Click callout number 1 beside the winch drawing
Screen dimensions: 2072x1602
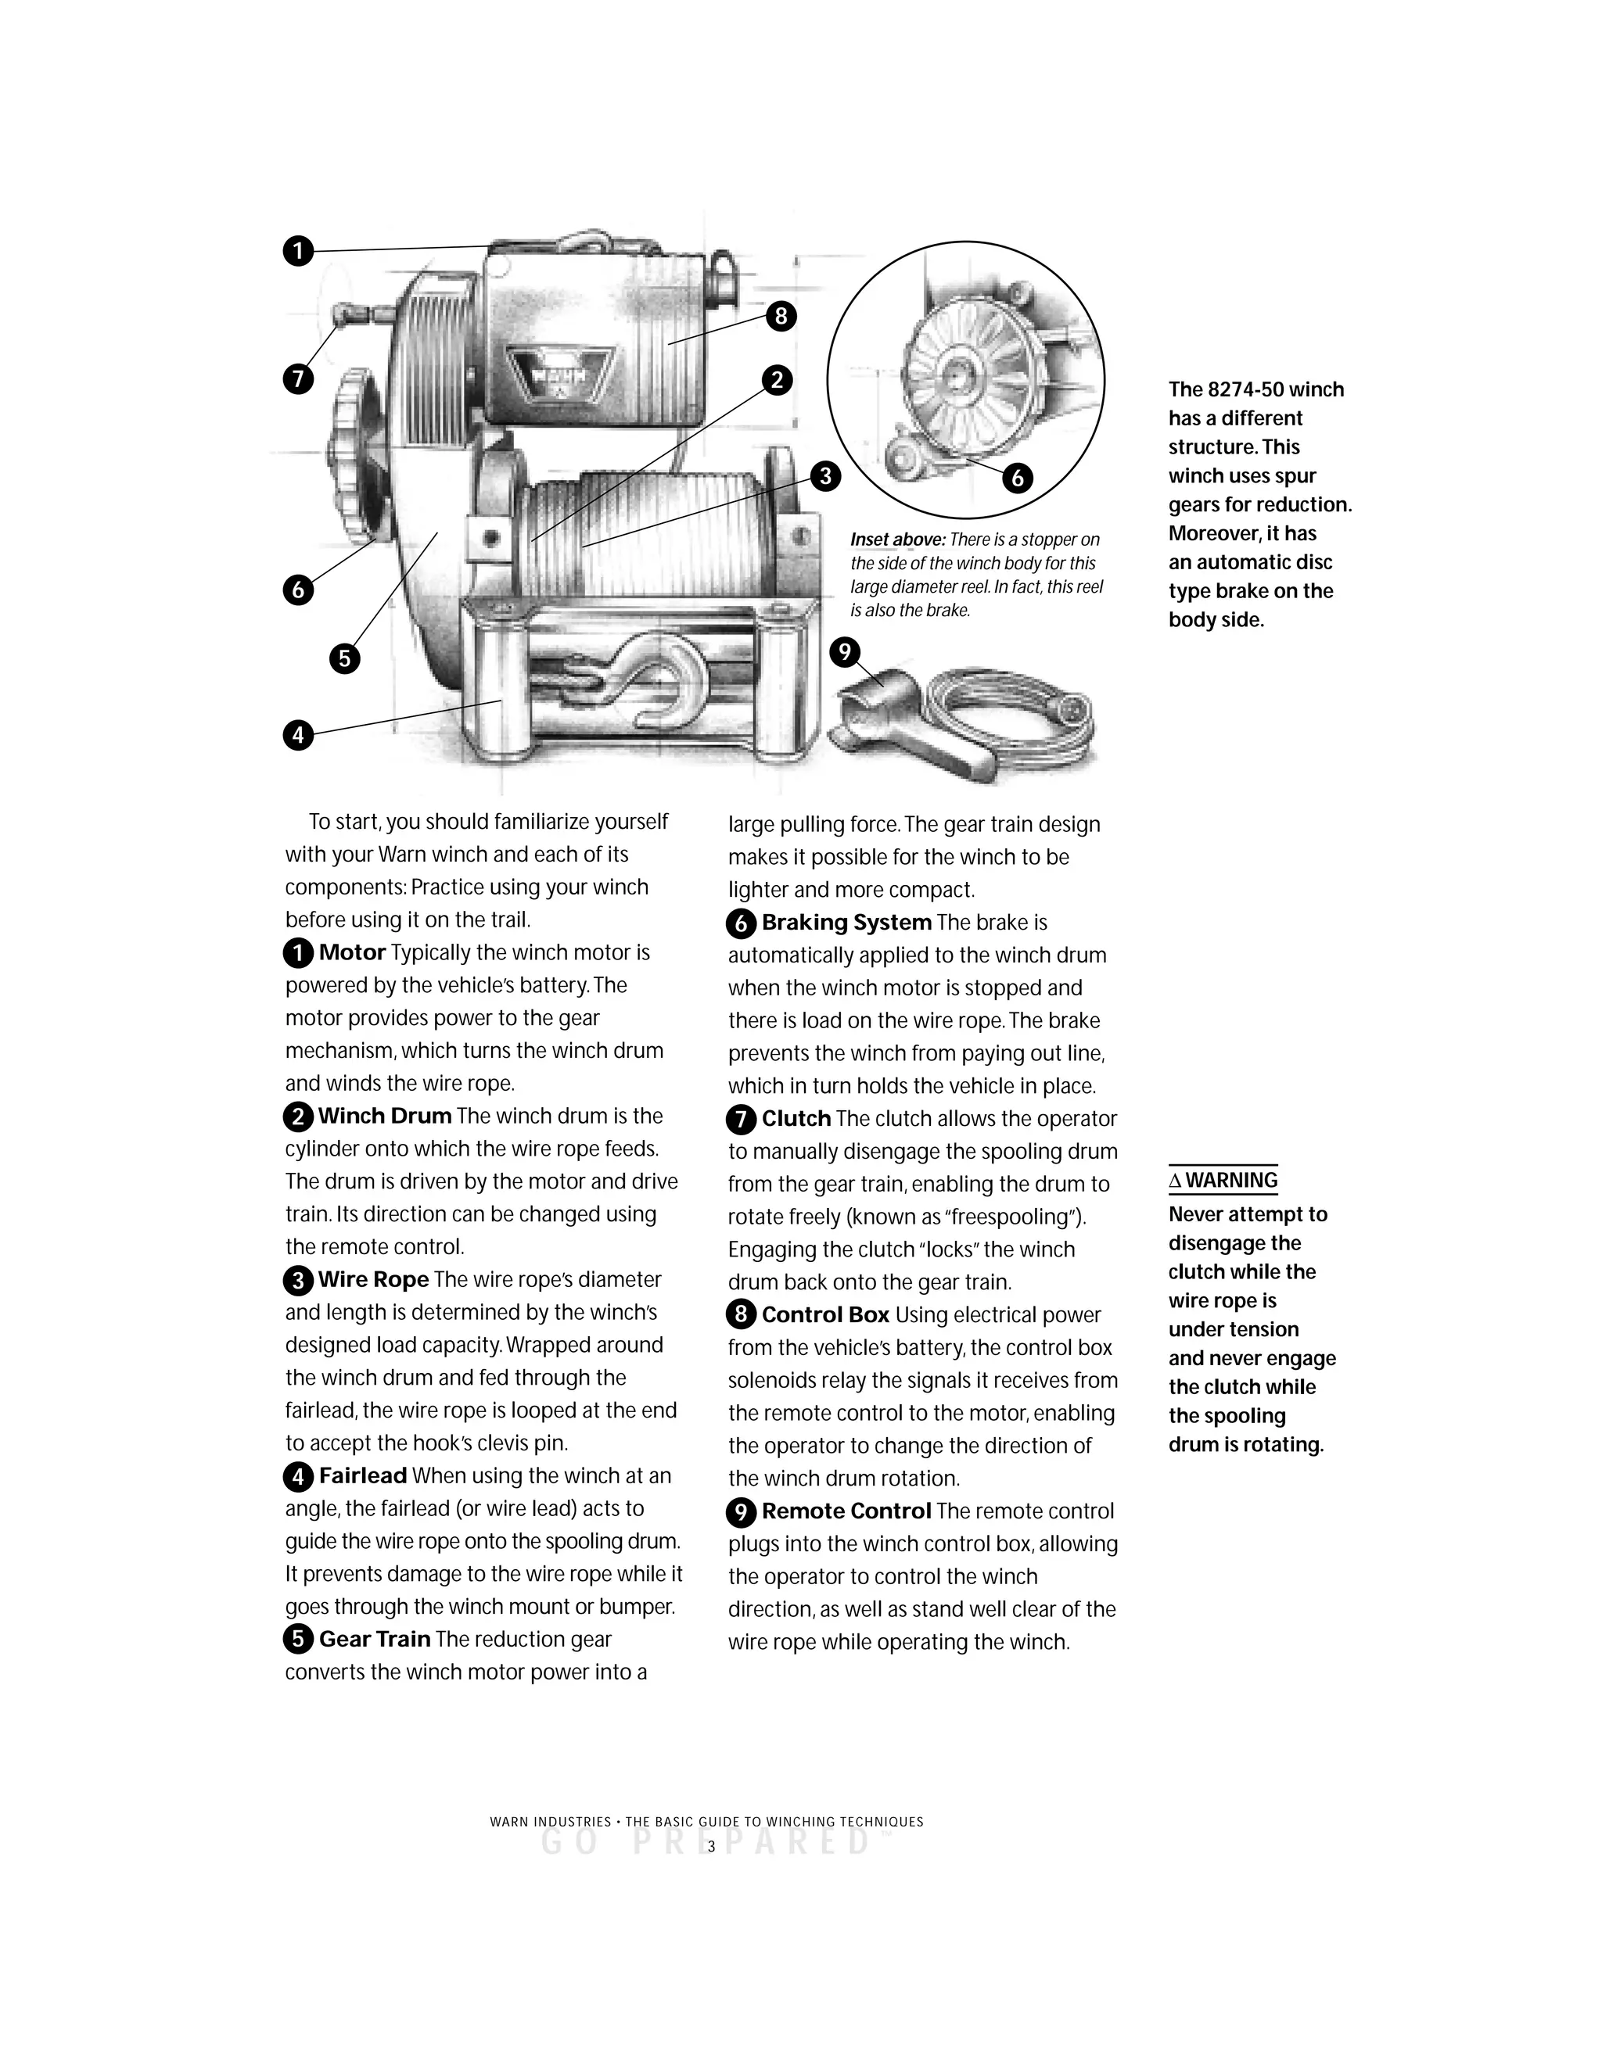[x=298, y=252]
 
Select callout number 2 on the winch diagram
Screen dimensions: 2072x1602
[x=776, y=381]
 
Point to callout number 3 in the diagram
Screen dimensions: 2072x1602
[x=824, y=475]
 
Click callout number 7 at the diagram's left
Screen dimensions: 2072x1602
[x=298, y=379]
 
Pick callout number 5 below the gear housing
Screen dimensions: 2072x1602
[x=344, y=658]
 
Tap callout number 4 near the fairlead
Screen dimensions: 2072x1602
[x=298, y=734]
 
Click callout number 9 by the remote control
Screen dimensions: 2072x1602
[x=844, y=653]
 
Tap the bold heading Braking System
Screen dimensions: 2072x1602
[x=846, y=922]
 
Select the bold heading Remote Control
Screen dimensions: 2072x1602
[x=846, y=1511]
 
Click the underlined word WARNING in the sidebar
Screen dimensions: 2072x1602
[x=1231, y=1180]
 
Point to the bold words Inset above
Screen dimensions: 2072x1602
[x=897, y=540]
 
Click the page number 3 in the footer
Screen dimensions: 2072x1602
[x=711, y=1846]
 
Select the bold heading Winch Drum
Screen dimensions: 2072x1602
[x=384, y=1117]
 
